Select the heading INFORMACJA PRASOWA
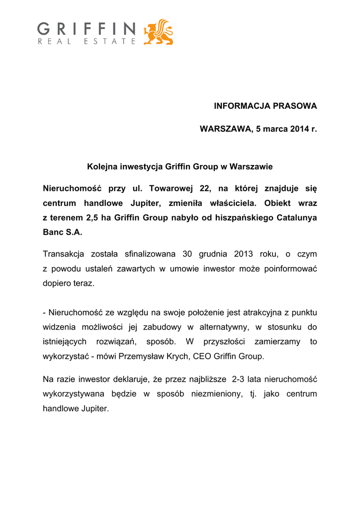[265, 106]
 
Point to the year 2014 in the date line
[293, 129]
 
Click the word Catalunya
[297, 217]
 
